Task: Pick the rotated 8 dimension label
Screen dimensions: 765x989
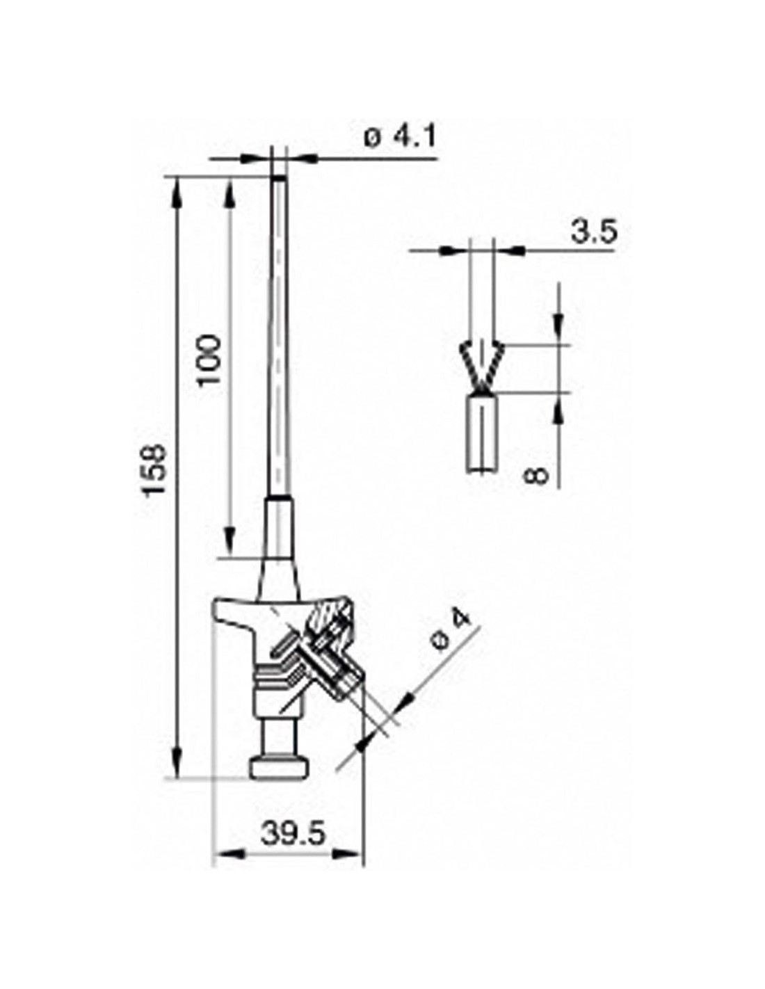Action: [x=536, y=475]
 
